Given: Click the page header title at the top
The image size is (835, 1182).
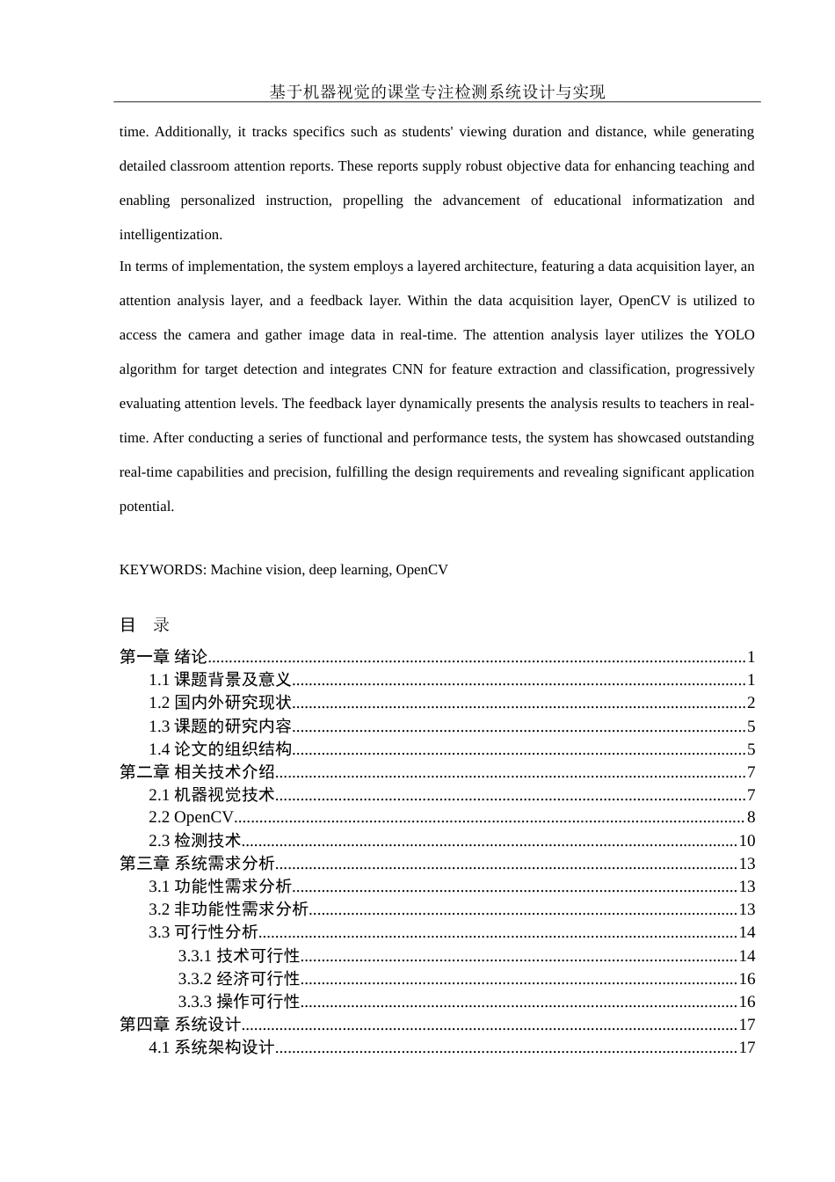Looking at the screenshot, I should point(437,91).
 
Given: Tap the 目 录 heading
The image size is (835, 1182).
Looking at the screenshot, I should point(144,625).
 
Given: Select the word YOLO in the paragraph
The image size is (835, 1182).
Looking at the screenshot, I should point(734,335).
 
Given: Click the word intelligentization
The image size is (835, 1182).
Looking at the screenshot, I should point(171,235).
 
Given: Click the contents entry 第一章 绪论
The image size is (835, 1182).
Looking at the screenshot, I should point(163,657).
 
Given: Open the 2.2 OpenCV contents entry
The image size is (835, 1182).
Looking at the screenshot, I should point(192,818).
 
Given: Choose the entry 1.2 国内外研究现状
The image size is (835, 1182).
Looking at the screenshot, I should point(220,703).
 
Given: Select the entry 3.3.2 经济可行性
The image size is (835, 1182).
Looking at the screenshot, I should point(239,979).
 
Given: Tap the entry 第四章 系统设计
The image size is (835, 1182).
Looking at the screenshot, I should point(180,1025).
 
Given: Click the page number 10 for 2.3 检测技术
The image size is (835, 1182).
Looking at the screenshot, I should point(746,841).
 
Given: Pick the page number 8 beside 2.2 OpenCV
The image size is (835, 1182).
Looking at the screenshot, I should point(751,818).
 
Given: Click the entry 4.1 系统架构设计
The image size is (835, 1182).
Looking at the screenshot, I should point(212,1047).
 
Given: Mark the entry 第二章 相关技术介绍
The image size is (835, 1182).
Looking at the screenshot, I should point(197,772).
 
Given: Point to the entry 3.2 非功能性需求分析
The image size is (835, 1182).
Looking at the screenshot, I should point(229,909).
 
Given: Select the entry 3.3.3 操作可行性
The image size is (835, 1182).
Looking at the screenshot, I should point(239,1002).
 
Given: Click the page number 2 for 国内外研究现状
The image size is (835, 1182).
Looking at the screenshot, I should point(751,703).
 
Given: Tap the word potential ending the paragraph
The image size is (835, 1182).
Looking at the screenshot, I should point(146,507).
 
